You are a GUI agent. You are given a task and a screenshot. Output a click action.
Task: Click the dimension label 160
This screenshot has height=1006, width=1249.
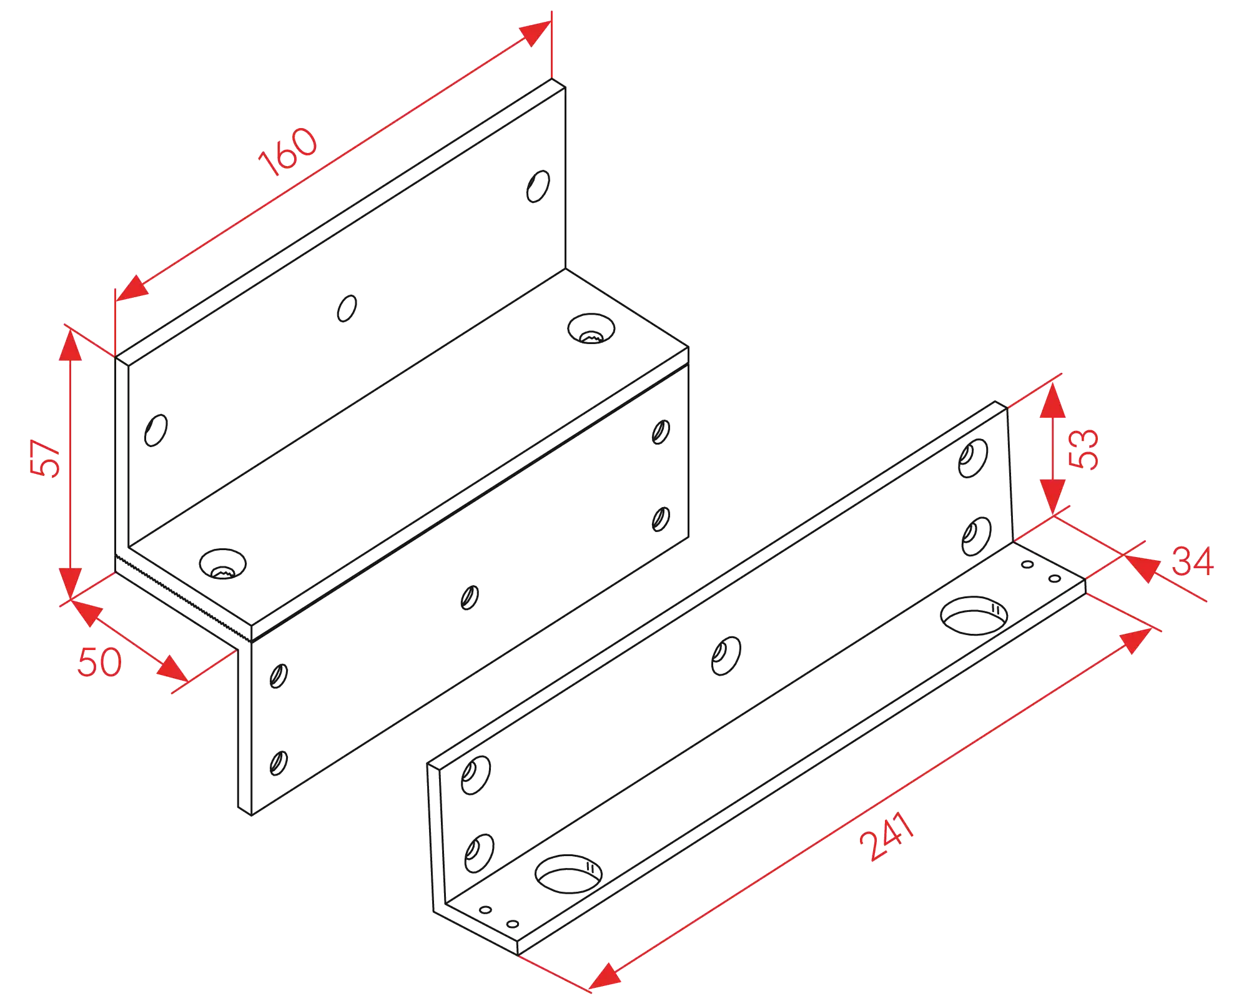pos(288,152)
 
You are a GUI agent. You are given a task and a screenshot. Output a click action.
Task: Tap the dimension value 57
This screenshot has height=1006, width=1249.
pos(46,458)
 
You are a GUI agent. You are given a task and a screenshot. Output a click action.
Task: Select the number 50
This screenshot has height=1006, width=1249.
pos(99,662)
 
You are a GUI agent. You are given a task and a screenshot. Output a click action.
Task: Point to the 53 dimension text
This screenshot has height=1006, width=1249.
pos(1084,448)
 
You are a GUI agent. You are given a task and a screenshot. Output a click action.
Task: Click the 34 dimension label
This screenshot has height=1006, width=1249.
pos(1193,561)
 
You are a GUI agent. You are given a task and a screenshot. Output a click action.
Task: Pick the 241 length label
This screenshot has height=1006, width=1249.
pos(887,836)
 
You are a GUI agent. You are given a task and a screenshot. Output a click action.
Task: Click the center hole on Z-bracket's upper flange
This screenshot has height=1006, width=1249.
pos(347,308)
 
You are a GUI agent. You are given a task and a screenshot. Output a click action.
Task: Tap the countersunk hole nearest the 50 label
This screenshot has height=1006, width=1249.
pos(223,564)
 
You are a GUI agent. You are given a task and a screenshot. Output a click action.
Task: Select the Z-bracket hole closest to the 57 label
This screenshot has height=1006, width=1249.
pos(156,430)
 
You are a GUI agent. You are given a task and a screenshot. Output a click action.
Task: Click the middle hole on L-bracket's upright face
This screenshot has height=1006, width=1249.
pos(726,656)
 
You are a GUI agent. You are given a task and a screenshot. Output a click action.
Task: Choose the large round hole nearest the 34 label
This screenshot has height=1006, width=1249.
pos(974,616)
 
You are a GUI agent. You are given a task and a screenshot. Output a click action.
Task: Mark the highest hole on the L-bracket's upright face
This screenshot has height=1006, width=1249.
pos(973,458)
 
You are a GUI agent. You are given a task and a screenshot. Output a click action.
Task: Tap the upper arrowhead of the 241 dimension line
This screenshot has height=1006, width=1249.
pos(1136,641)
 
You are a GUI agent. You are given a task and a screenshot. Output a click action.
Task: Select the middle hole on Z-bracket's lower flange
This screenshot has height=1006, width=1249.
pos(470,598)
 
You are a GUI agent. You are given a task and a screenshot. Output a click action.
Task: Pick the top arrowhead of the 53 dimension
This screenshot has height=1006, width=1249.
pos(1053,400)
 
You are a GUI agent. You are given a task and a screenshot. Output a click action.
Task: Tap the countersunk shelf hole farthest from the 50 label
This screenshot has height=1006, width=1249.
pos(591,328)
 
